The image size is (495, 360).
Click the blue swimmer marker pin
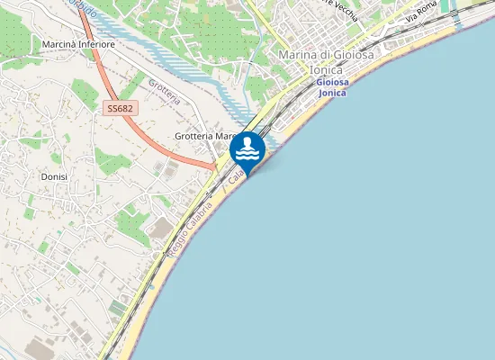point(247,149)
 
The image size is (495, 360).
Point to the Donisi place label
point(54,177)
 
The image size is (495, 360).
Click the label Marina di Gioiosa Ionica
point(326,61)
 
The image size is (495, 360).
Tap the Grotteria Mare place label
point(205,136)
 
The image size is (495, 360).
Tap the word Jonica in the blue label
point(333,93)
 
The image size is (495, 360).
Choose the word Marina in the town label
point(298,55)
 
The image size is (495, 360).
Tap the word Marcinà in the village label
point(56,43)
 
